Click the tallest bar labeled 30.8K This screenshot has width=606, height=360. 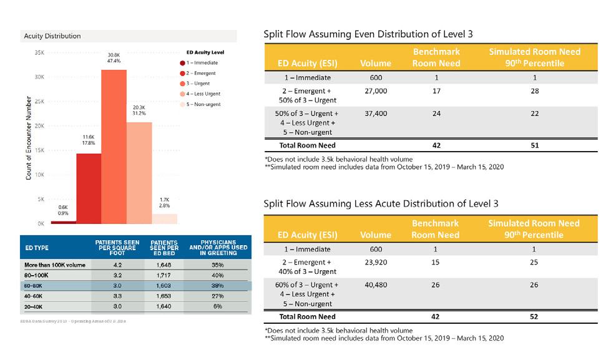[x=114, y=147]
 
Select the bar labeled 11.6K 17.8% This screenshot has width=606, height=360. [x=89, y=188]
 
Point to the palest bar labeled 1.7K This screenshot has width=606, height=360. [x=165, y=218]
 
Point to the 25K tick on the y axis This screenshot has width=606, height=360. [x=38, y=101]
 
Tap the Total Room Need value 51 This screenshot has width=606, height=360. [x=534, y=146]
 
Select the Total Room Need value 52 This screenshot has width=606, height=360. [x=534, y=317]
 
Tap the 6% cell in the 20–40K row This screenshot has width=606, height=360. [x=217, y=307]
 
